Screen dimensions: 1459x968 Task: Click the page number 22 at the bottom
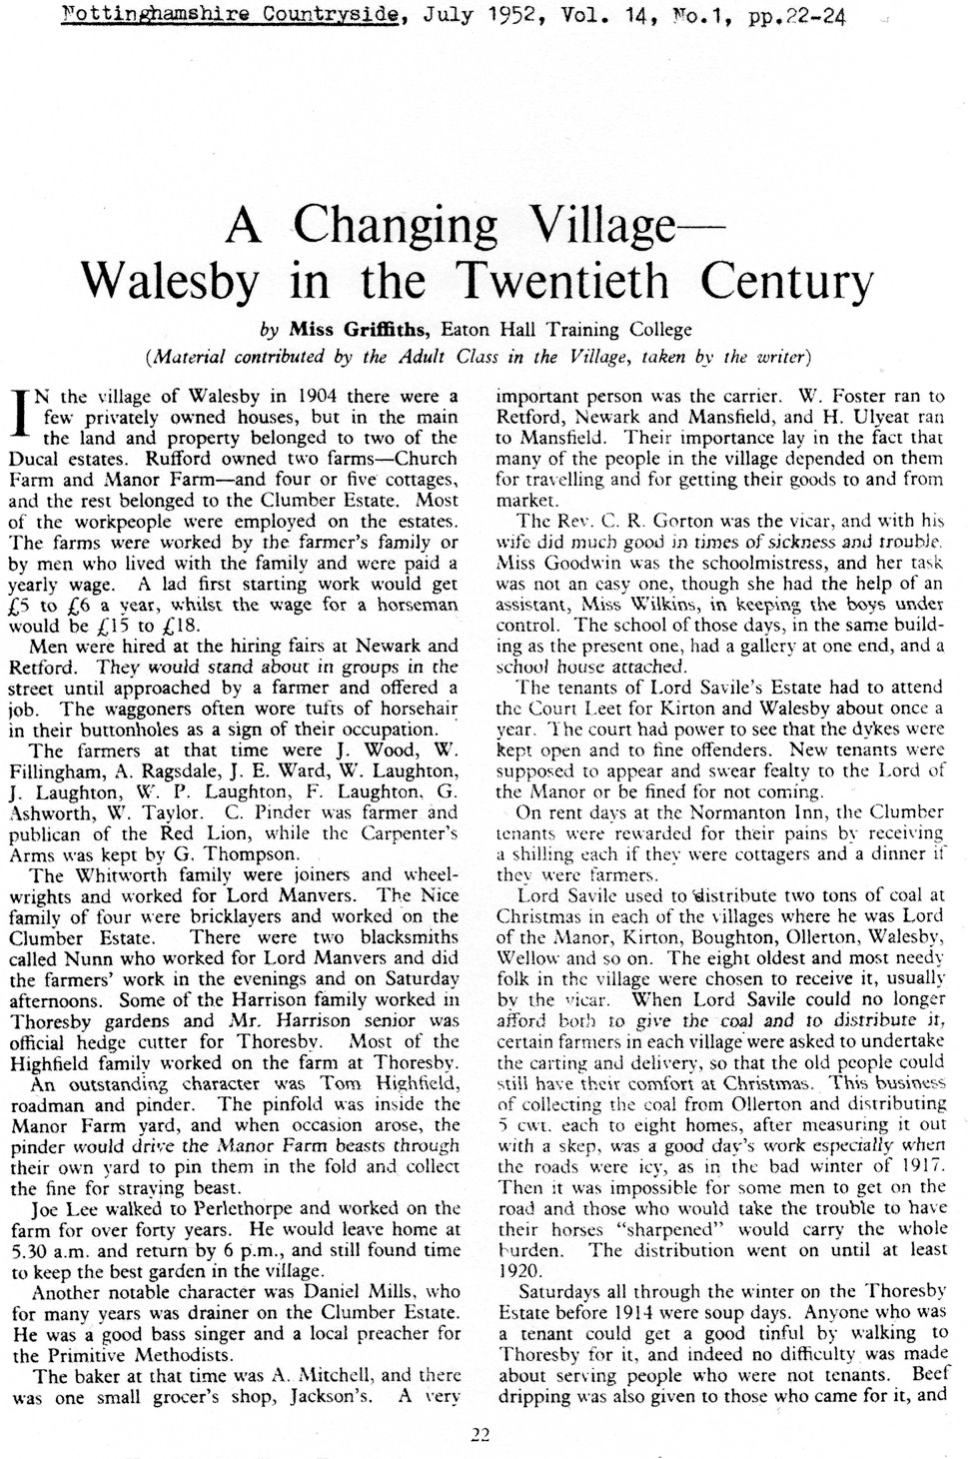(481, 1436)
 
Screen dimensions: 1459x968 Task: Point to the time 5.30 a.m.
(50, 1250)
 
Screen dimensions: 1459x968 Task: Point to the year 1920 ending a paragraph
(516, 1271)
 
